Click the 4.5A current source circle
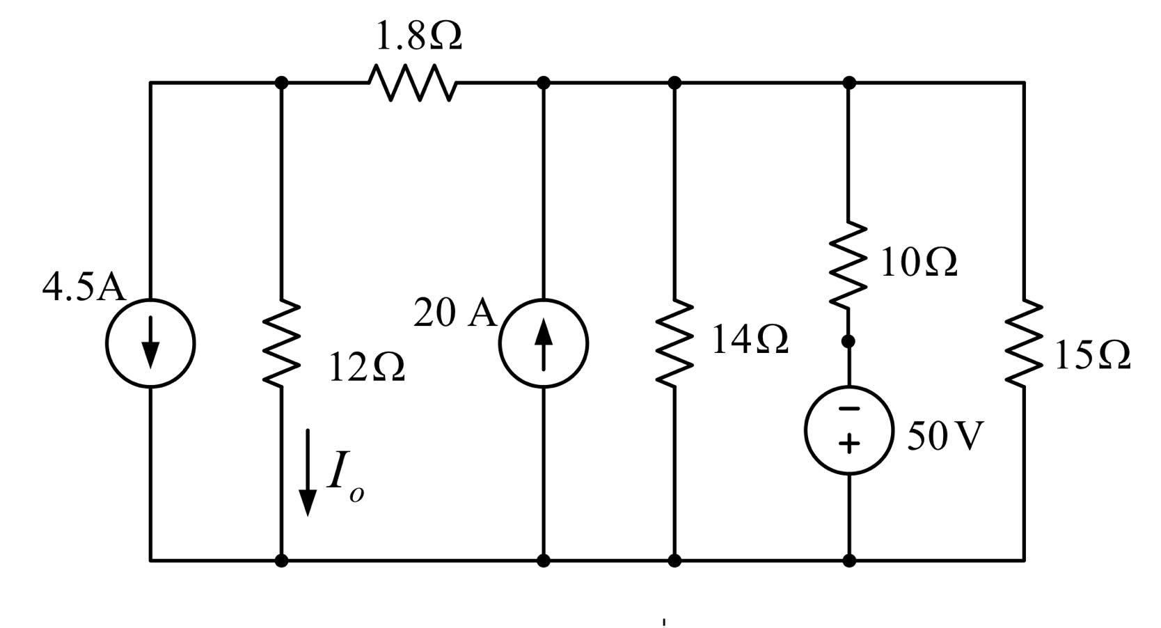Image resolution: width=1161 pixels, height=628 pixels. click(150, 343)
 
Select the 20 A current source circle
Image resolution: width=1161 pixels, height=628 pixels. click(544, 343)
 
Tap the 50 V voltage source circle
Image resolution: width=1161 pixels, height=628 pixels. click(848, 430)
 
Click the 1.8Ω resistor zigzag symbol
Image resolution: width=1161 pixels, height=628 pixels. click(413, 83)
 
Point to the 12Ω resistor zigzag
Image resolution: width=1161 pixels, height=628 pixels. click(281, 343)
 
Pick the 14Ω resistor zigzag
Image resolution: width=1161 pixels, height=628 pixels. click(674, 343)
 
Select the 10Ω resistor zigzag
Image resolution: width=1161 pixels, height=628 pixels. click(848, 266)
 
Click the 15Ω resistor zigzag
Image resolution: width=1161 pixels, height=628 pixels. click(1024, 343)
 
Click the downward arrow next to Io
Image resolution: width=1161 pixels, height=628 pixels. click(308, 473)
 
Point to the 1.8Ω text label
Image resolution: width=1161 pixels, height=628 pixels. click(418, 36)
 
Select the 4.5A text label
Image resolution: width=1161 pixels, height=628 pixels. click(84, 288)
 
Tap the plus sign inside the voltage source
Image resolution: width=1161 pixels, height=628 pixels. click(848, 443)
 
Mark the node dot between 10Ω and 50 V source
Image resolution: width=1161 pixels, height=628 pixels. click(848, 342)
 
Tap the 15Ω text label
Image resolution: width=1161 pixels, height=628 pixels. click(1091, 356)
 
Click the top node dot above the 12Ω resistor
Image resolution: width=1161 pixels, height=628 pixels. click(281, 83)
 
